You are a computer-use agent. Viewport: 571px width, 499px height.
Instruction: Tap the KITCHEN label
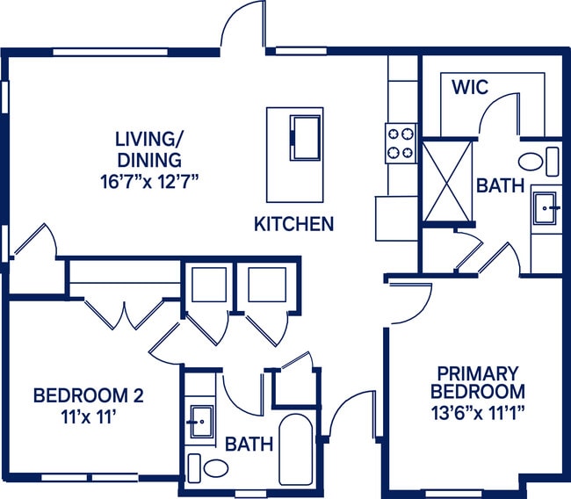[293, 224]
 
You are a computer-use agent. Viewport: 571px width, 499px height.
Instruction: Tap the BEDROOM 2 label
[88, 396]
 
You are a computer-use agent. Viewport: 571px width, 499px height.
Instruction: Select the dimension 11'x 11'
[88, 418]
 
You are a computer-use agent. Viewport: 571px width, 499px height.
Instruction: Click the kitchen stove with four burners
[400, 143]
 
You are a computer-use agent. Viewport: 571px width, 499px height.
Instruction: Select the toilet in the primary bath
[538, 162]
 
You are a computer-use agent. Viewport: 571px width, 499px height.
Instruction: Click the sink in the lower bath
[201, 423]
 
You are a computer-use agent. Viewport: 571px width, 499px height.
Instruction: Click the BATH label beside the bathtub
[249, 445]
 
